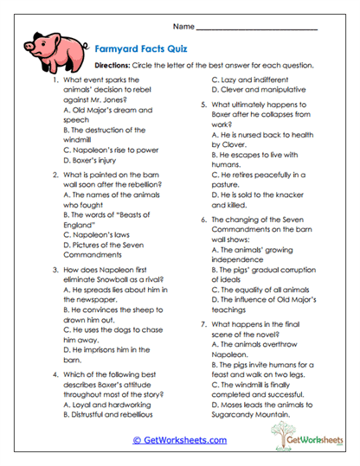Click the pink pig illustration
point(51,42)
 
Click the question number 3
point(55,271)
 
